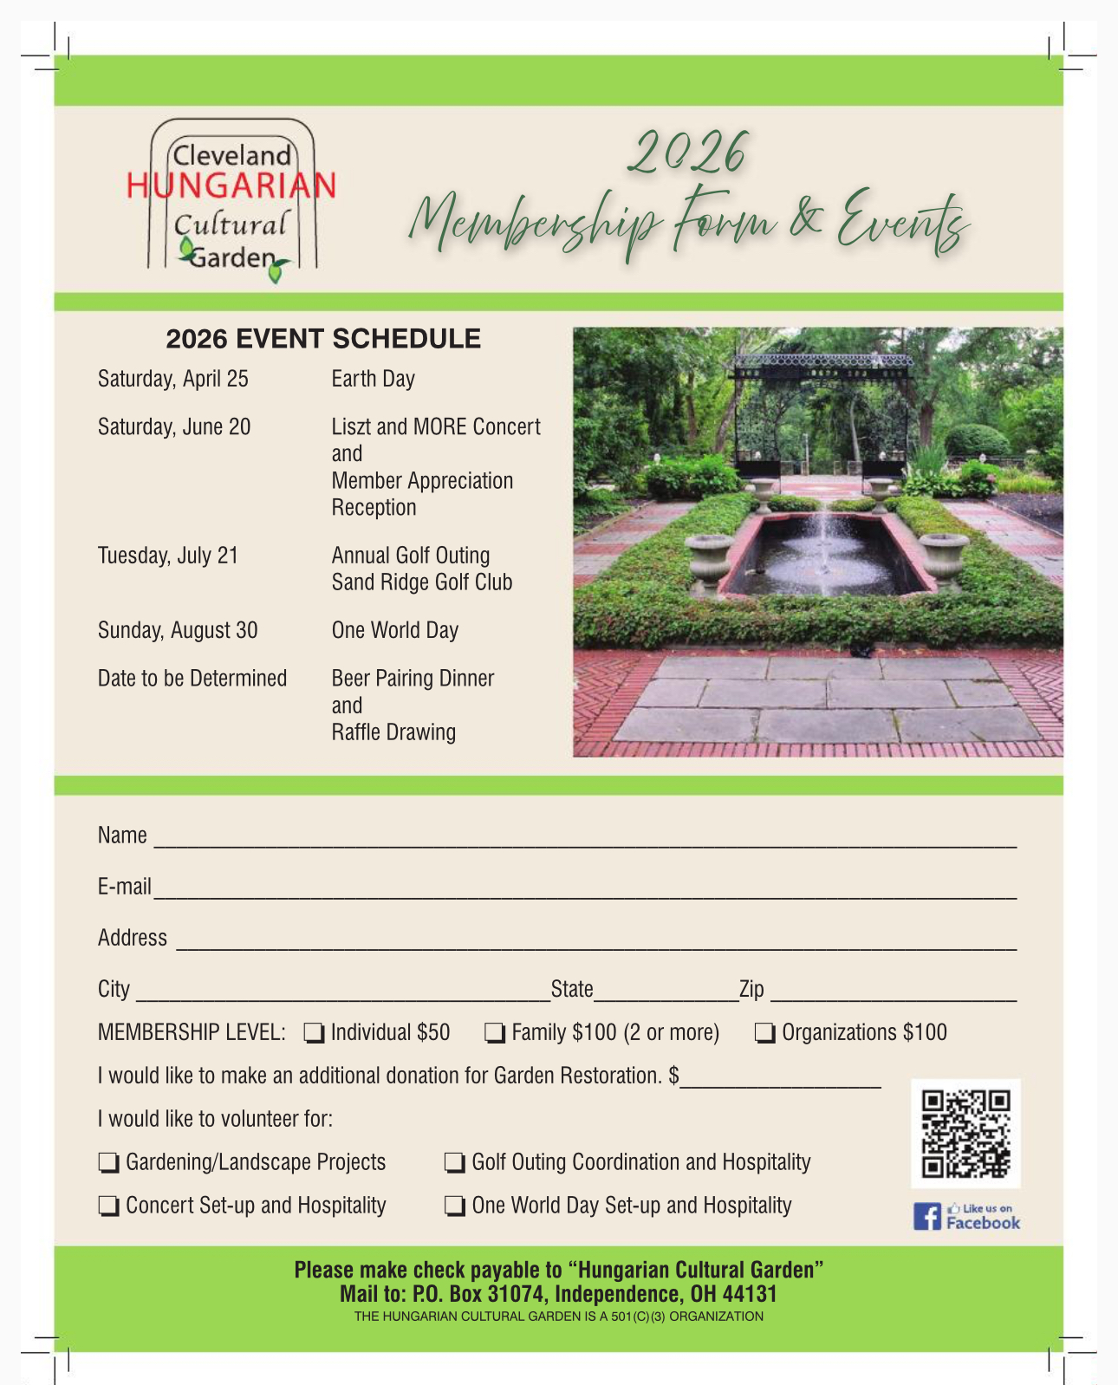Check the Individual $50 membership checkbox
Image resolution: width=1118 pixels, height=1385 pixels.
pos(314,1032)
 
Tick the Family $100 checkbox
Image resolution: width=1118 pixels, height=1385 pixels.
pos(494,1032)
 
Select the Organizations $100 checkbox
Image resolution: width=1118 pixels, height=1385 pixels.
pos(764,1032)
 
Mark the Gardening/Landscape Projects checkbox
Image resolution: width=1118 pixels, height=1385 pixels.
pos(108,1162)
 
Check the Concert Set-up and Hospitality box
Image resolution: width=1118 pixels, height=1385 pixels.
pos(108,1206)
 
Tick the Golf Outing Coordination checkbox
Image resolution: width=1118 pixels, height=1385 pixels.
pos(454,1162)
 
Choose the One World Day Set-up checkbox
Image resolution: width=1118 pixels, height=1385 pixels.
pos(454,1206)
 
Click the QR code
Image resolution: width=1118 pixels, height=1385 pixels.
pos(965,1133)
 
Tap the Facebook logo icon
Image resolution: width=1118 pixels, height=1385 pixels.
pos(926,1217)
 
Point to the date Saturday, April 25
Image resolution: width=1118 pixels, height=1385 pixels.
pos(173,380)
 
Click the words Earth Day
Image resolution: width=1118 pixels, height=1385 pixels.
pos(373,380)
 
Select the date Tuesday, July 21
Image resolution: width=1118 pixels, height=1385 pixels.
pos(168,556)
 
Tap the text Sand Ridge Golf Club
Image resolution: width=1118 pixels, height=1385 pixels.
pos(421,582)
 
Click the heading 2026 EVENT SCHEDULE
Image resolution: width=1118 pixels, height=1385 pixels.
pos(323,339)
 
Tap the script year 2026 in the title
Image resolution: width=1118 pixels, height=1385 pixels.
pos(686,154)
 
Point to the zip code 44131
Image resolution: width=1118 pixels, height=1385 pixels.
pos(750,1295)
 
